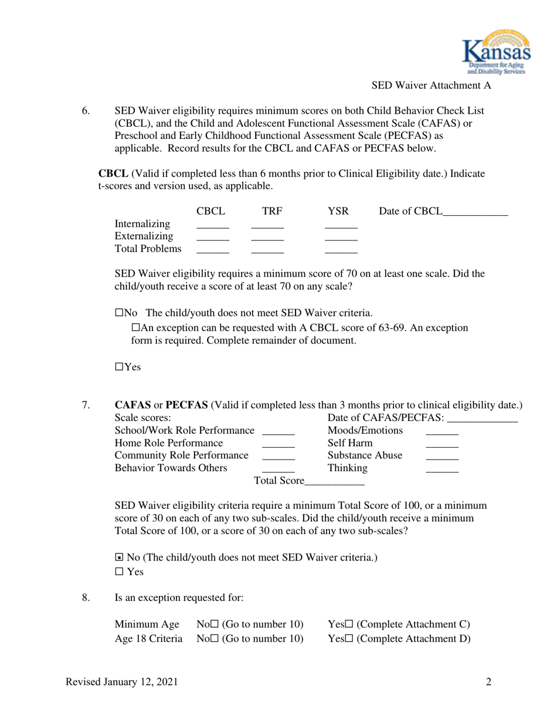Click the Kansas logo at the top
497,52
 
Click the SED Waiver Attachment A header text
431,86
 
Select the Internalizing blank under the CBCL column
212,225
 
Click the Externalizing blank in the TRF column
267,238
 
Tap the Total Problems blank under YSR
341,250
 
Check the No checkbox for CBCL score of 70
118,312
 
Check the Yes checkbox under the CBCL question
118,367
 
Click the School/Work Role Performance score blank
278,432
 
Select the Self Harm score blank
441,445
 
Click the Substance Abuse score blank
441,457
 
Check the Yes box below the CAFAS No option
119,571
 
